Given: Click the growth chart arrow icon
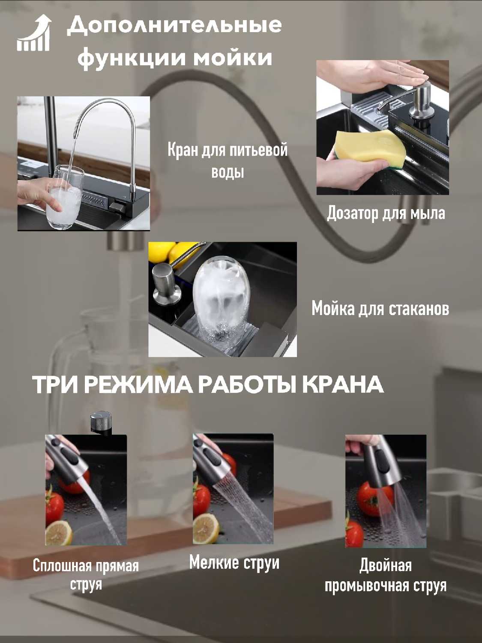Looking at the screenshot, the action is coord(34,33).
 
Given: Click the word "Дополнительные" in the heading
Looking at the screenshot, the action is coord(174,26).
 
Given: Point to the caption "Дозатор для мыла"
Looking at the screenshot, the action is coord(386,213).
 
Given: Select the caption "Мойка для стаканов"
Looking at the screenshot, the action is coord(380,309).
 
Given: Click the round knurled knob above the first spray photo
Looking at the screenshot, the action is coord(101,422).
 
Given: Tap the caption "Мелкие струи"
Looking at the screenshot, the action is coord(234,563).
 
